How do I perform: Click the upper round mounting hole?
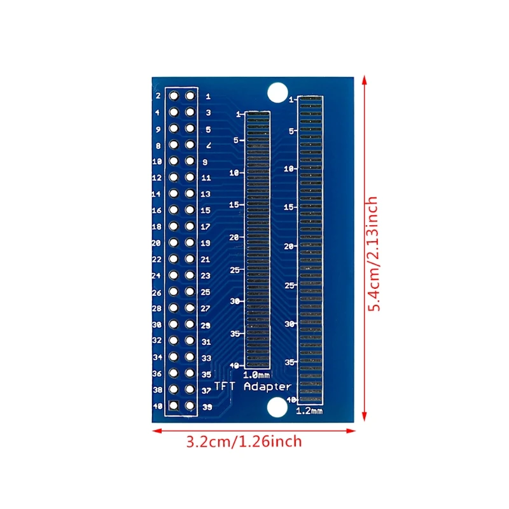click(x=277, y=92)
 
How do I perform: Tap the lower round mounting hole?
click(x=277, y=407)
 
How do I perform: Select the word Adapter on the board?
click(x=268, y=386)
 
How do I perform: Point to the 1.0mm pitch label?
click(x=257, y=375)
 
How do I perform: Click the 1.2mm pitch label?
click(x=310, y=411)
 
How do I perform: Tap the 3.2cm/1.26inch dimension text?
click(x=244, y=441)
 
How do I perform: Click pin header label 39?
click(x=207, y=407)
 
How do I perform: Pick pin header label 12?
click(x=157, y=178)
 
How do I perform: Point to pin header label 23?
click(x=206, y=276)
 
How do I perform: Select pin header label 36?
click(x=157, y=373)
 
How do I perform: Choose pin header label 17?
click(x=206, y=227)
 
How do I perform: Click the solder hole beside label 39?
click(x=189, y=405)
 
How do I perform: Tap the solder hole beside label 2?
click(x=173, y=96)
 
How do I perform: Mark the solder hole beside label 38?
click(x=173, y=389)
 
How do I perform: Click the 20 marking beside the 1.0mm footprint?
click(x=234, y=237)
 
